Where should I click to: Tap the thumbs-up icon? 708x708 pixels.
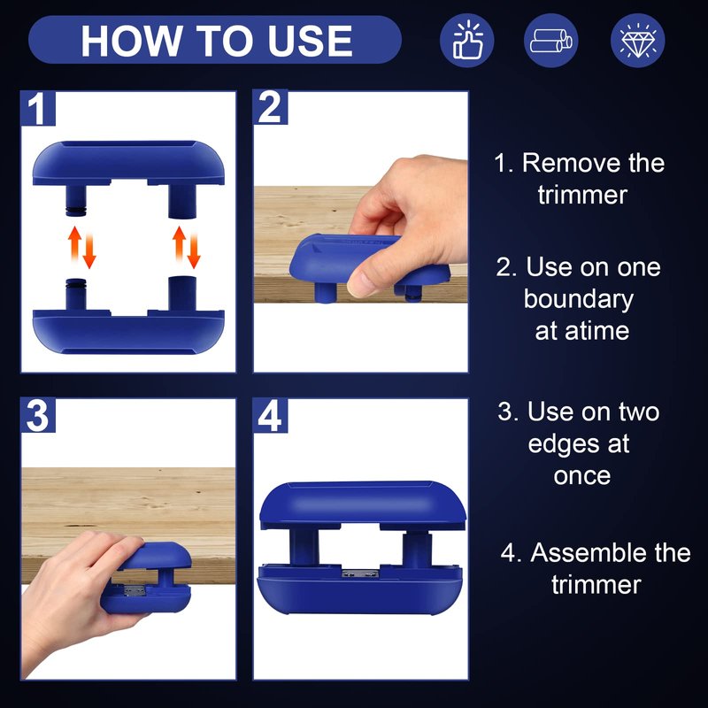pos(467,40)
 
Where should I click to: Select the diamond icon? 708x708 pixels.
pos(637,40)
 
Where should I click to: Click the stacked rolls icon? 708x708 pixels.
pos(550,40)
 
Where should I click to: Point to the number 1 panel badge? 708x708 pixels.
pos(38,108)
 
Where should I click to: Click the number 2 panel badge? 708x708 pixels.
pos(270,107)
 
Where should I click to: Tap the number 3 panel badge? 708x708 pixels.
pos(38,415)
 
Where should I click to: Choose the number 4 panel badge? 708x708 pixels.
pos(270,415)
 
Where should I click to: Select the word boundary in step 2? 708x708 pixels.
pos(579,299)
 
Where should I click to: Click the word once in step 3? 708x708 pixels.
pos(582,477)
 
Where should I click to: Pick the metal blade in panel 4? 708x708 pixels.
pos(360,573)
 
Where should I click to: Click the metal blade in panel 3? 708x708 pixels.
pos(133,590)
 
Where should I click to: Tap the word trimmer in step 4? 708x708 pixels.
pos(596,585)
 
